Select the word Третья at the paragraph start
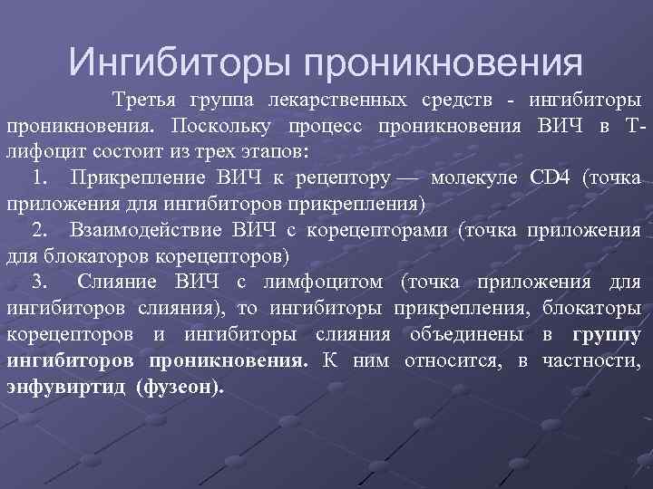(x=144, y=98)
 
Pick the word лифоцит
(x=43, y=149)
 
